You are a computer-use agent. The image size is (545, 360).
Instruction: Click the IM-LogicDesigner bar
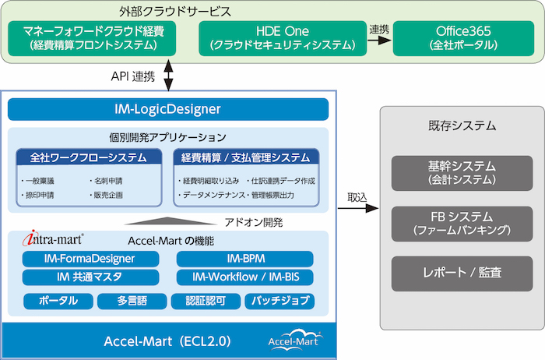[168, 109]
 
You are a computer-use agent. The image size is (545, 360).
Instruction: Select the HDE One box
[283, 38]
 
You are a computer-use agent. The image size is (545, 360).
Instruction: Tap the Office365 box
[463, 38]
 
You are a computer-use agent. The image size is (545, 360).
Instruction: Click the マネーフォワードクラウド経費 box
[92, 38]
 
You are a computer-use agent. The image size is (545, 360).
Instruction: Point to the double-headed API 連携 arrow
[168, 75]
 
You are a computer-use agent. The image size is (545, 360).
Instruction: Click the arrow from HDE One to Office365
[379, 40]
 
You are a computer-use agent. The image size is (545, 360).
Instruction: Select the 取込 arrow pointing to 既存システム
[358, 208]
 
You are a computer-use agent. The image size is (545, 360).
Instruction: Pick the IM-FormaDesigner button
[91, 259]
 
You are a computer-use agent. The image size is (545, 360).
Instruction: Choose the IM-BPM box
[245, 259]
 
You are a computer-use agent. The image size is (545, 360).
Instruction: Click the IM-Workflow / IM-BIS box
[245, 277]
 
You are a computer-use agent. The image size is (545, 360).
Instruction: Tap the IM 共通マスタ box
[91, 277]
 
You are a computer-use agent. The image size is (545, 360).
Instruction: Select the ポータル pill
[58, 302]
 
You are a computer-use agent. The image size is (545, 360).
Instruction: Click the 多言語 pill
[132, 302]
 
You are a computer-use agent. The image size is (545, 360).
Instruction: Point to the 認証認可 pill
[206, 302]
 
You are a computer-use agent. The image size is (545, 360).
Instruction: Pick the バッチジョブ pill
[280, 302]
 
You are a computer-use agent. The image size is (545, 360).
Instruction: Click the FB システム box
[462, 224]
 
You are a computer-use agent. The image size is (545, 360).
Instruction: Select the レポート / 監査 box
[462, 274]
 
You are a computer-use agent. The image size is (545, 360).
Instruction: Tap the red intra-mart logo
[53, 238]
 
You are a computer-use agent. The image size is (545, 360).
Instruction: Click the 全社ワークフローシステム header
[89, 157]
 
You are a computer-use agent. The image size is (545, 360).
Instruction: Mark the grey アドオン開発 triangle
[169, 221]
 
